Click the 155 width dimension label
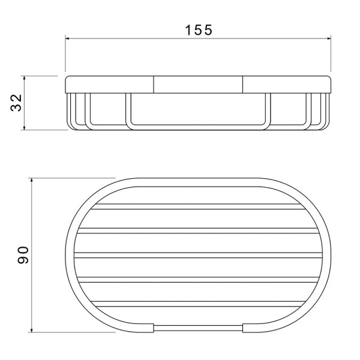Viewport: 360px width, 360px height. tap(199, 30)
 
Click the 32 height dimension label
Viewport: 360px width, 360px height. tap(17, 103)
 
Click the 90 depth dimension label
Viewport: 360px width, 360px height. tap(23, 255)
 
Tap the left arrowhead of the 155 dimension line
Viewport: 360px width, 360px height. tap(67, 38)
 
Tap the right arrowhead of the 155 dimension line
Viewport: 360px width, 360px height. tap(329, 38)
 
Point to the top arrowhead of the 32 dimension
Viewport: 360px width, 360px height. tap(25, 78)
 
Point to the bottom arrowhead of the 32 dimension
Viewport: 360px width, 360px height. tap(25, 128)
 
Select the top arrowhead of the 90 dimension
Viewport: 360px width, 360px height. tap(32, 180)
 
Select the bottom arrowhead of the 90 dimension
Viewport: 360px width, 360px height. tap(32, 330)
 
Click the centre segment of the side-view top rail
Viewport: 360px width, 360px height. tap(198, 85)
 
